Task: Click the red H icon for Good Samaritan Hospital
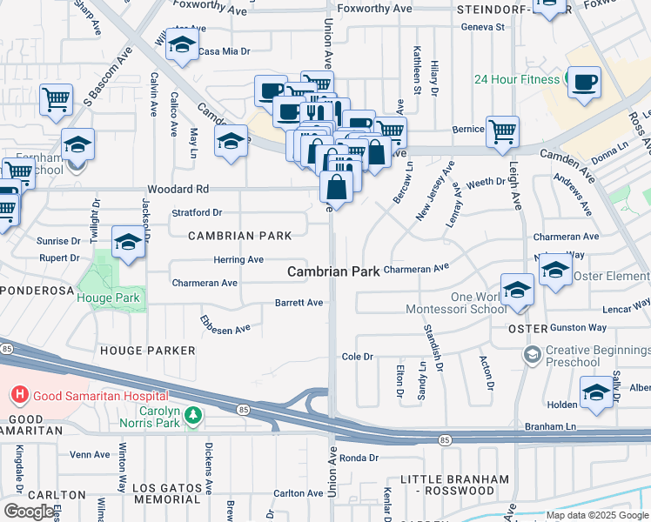[x=18, y=396]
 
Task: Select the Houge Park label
[x=108, y=298]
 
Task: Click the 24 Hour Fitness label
[x=516, y=79]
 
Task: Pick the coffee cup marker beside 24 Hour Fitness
[x=584, y=83]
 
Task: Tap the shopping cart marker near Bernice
[x=502, y=131]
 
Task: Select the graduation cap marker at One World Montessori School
[x=517, y=290]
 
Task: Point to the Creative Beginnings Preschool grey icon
[x=531, y=354]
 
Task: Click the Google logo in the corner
[x=28, y=511]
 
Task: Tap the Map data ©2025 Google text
[x=597, y=515]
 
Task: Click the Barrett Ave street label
[x=299, y=303]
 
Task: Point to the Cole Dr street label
[x=357, y=357]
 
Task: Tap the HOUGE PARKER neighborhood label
[x=148, y=350]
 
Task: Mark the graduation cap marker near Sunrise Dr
[x=128, y=243]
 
